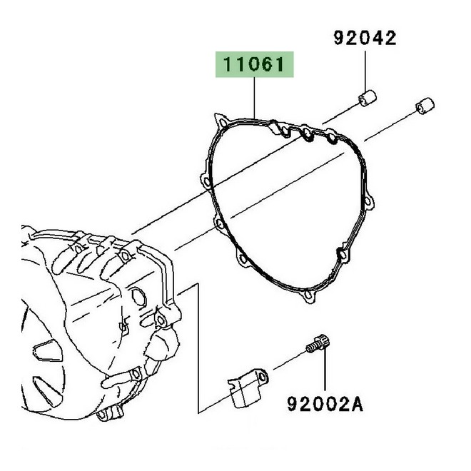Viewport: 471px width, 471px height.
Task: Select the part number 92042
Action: tap(364, 38)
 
